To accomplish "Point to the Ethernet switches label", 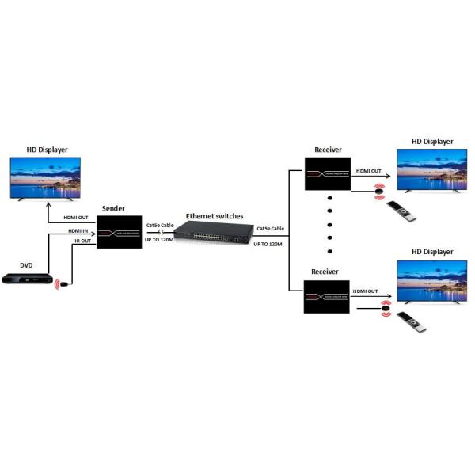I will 215,215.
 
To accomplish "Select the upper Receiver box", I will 327,173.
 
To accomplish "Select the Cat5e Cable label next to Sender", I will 160,225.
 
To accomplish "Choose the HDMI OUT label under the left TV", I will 78,217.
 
